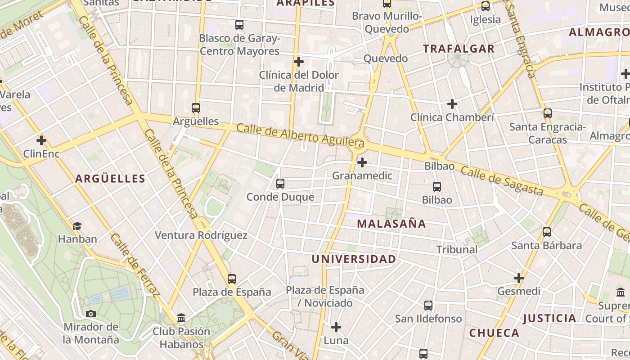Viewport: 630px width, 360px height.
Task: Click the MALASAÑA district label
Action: click(x=391, y=224)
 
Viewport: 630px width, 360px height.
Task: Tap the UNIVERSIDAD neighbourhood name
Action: click(x=354, y=259)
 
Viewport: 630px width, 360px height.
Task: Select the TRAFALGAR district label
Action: click(x=459, y=49)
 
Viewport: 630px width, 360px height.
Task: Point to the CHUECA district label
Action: click(x=494, y=333)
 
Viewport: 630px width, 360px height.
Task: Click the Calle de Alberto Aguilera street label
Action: click(x=300, y=135)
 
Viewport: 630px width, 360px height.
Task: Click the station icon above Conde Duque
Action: click(x=280, y=184)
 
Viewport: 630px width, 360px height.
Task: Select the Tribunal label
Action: click(x=457, y=249)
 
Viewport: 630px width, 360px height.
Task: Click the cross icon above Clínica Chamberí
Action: click(x=452, y=104)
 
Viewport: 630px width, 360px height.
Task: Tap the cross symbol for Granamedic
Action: click(x=362, y=162)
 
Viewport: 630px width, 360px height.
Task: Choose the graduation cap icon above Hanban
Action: click(x=77, y=226)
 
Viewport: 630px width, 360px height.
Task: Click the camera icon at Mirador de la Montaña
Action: click(x=91, y=314)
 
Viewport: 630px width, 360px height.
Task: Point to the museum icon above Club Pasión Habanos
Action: click(x=181, y=319)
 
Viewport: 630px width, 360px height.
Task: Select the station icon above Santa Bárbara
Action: click(x=547, y=232)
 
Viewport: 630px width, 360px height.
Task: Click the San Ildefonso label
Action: click(x=428, y=319)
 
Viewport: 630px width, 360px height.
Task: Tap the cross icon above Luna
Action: click(x=336, y=327)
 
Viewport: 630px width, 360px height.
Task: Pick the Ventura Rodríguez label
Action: click(x=201, y=235)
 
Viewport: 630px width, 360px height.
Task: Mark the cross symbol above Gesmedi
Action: click(x=519, y=278)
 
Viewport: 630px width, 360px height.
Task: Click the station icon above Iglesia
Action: click(x=485, y=6)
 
